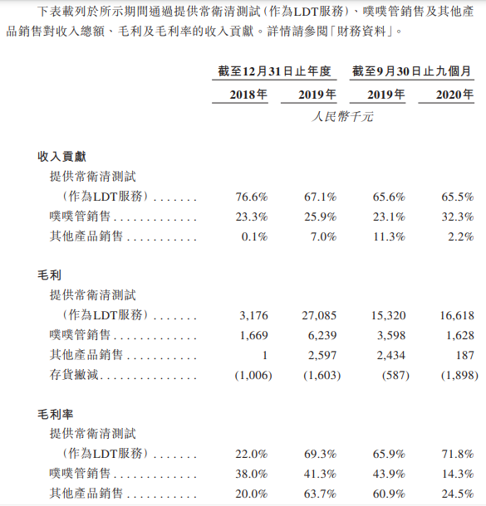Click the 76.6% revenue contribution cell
click(250, 197)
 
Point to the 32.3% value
click(457, 217)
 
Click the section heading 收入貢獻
click(62, 156)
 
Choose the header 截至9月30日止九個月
click(412, 71)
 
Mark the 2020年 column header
click(455, 95)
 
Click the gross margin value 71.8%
click(457, 454)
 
